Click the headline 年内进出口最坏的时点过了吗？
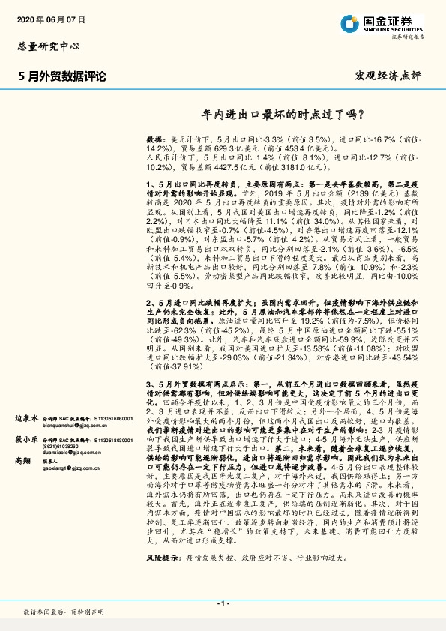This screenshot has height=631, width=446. pos(284,115)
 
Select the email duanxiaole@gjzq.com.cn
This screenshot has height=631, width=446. pos(72,453)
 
